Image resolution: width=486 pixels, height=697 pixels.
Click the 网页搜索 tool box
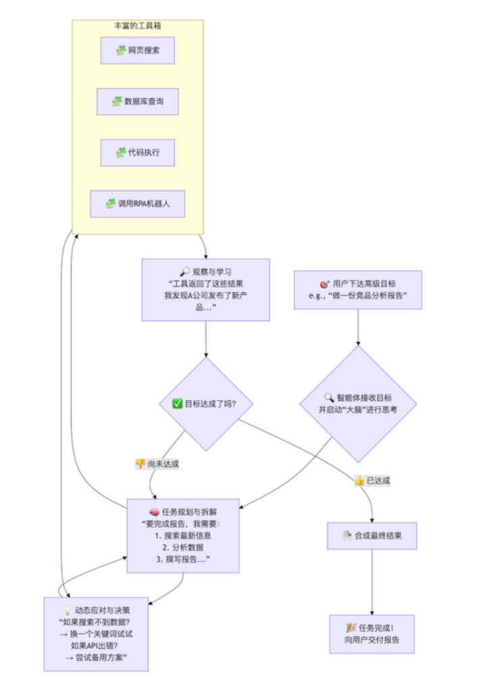pyautogui.click(x=138, y=51)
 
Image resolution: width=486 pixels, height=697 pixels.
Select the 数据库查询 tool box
pyautogui.click(x=138, y=102)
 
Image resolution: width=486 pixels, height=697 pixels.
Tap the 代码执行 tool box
pyautogui.click(x=138, y=153)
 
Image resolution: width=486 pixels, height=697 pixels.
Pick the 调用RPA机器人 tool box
pyautogui.click(x=138, y=204)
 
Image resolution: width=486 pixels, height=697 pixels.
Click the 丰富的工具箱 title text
pyautogui.click(x=138, y=26)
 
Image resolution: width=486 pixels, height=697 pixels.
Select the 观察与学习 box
pyautogui.click(x=205, y=290)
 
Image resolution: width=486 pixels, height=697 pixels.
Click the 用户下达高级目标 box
pyautogui.click(x=358, y=290)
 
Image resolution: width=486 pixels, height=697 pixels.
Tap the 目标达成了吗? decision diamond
pyautogui.click(x=206, y=404)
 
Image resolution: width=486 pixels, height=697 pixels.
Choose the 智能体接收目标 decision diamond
pyautogui.click(x=358, y=404)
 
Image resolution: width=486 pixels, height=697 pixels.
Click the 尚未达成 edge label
pyautogui.click(x=157, y=464)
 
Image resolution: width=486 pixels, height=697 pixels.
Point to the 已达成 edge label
pyautogui.click(x=372, y=481)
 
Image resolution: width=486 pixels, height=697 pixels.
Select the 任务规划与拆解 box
pyautogui.click(x=183, y=535)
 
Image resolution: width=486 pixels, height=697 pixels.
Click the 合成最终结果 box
pyautogui.click(x=372, y=536)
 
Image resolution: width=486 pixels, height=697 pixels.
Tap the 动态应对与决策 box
pyautogui.click(x=96, y=634)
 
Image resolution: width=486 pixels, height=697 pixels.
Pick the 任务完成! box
pyautogui.click(x=372, y=634)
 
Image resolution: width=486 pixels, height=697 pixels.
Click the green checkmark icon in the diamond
pyautogui.click(x=178, y=404)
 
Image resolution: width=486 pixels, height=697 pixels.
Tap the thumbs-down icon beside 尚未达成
pyautogui.click(x=140, y=464)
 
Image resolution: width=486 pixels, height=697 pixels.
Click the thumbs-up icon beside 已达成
pyautogui.click(x=359, y=481)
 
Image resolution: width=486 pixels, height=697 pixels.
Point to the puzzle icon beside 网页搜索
pyautogui.click(x=121, y=51)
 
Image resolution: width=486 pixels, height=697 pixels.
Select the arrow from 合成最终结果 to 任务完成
pyautogui.click(x=372, y=582)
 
